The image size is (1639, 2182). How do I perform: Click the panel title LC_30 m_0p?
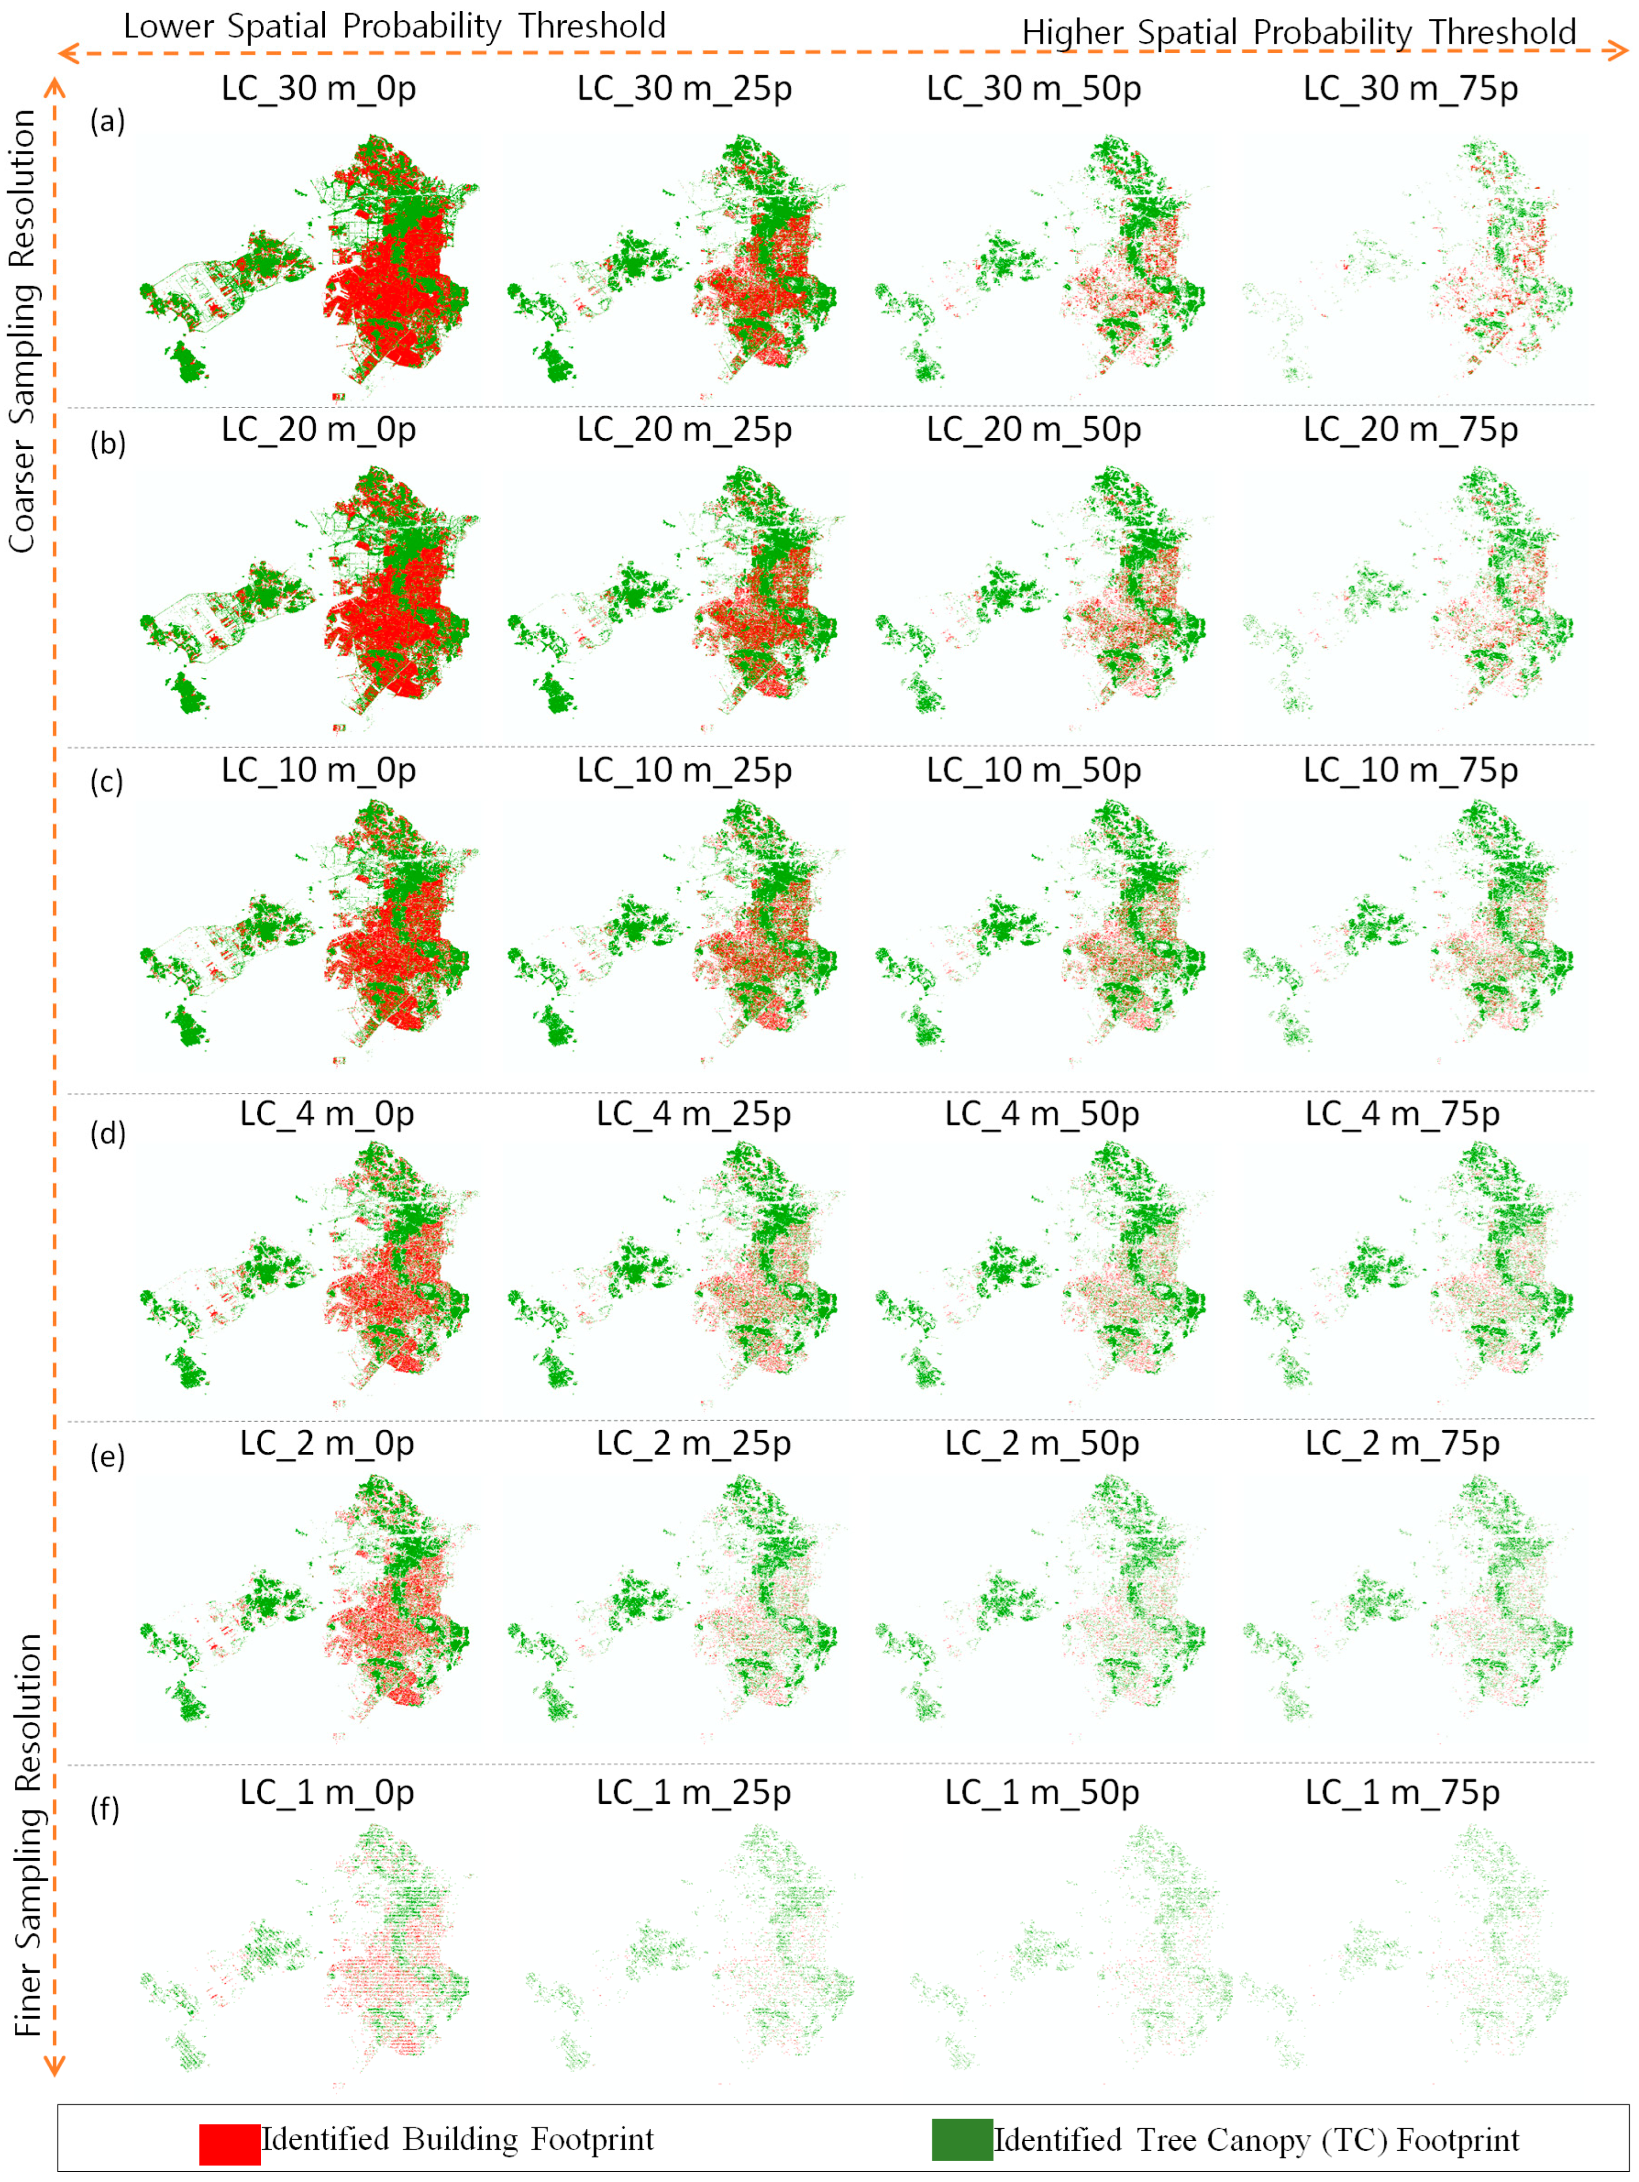(x=318, y=89)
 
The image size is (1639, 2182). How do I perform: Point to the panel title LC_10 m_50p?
(x=1033, y=770)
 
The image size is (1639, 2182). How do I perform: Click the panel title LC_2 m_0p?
(x=327, y=1443)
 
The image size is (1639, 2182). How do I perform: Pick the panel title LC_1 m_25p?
(x=693, y=1792)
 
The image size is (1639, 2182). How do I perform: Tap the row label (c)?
(x=107, y=782)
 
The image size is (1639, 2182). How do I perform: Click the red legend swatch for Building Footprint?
(x=229, y=2144)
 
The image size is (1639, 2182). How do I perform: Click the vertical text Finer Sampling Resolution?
(x=27, y=1835)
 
